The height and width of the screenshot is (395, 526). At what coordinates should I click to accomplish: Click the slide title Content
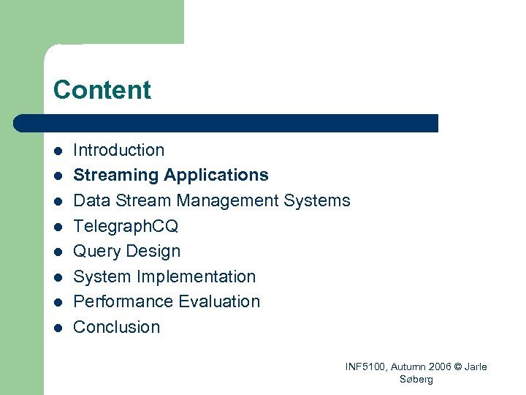[102, 90]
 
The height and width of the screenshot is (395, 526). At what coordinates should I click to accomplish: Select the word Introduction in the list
[119, 150]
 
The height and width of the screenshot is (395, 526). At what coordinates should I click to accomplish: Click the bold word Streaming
[116, 176]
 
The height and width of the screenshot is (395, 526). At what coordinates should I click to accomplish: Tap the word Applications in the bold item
[216, 176]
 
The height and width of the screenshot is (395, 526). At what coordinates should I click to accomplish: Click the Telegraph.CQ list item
[126, 226]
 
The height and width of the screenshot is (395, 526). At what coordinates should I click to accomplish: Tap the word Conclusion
[117, 327]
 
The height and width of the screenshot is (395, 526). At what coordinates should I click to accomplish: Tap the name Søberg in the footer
[416, 379]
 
